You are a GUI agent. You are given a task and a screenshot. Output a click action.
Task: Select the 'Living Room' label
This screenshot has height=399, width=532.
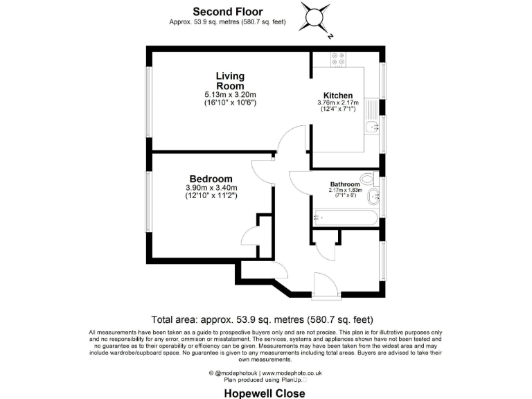pos(230,80)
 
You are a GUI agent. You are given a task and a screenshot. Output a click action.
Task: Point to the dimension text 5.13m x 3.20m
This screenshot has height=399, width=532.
pos(230,94)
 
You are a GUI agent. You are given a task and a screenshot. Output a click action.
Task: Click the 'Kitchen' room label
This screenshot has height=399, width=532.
pos(338,96)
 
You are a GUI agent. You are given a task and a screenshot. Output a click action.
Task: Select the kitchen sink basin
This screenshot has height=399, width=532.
pos(373,126)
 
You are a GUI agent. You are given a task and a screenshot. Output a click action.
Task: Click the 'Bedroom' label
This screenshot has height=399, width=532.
pos(211,179)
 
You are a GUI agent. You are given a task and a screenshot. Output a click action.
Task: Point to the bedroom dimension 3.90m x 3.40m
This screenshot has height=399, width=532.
pos(211,188)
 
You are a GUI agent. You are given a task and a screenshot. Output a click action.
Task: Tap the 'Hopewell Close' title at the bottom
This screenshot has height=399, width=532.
pos(265,392)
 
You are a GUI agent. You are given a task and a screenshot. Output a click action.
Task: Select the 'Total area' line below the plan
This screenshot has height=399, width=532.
pos(262,320)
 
